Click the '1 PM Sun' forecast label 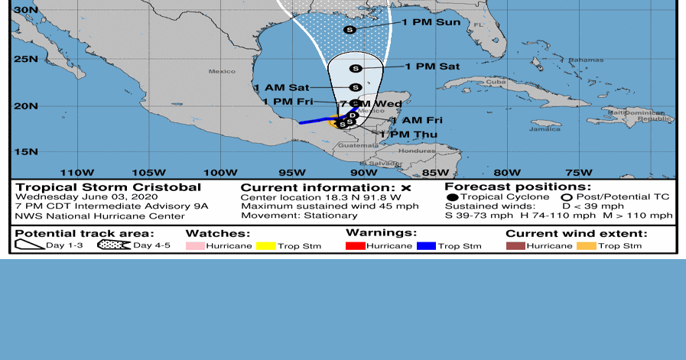click(432, 22)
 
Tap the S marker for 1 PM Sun click(350, 29)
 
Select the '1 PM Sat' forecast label click(432, 66)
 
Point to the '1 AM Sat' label click(281, 88)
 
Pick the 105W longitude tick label click(148, 171)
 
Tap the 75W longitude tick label click(578, 171)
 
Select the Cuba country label click(497, 82)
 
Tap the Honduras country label click(416, 151)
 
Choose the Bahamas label click(585, 60)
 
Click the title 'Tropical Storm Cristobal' click(109, 187)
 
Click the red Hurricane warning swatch click(356, 245)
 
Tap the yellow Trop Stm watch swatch click(266, 245)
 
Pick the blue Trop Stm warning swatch click(427, 245)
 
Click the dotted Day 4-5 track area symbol click(114, 245)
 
